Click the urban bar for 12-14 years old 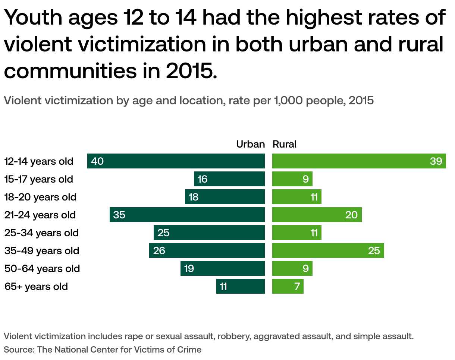tap(176, 161)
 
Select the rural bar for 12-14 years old tap(359, 161)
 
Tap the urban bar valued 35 tap(187, 215)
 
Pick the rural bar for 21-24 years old tap(317, 215)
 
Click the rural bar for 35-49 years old tap(328, 250)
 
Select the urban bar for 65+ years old tap(241, 286)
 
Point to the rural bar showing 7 tap(288, 286)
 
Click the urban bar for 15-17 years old tap(229, 179)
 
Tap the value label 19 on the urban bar tap(189, 268)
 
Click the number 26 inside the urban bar tap(159, 250)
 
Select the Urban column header tap(250, 144)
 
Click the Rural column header tap(285, 144)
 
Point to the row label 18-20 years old tap(40, 197)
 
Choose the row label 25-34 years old tap(41, 233)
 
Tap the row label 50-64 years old tap(42, 268)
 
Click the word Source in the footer tap(17, 350)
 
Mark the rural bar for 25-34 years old tap(297, 233)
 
